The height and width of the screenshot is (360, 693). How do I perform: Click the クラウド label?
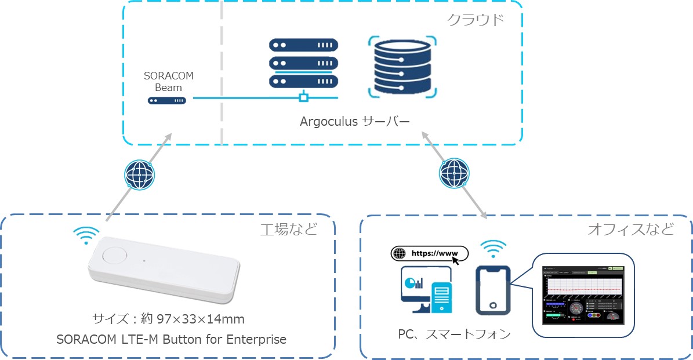tap(475, 20)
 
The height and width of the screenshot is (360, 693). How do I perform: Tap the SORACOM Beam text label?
tap(169, 82)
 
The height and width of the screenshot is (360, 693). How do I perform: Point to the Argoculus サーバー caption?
tap(354, 122)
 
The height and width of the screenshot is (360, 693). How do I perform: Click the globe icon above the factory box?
tap(140, 174)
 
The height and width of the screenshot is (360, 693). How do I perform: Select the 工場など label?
tap(289, 230)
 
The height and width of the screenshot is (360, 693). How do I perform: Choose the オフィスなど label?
tap(630, 230)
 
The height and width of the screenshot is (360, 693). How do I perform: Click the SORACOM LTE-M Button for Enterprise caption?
tap(172, 339)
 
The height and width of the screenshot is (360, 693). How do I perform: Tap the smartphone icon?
tap(493, 290)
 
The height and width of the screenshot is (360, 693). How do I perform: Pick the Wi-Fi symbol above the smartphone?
tap(494, 248)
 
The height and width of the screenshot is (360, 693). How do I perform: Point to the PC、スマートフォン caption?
tap(455, 334)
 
